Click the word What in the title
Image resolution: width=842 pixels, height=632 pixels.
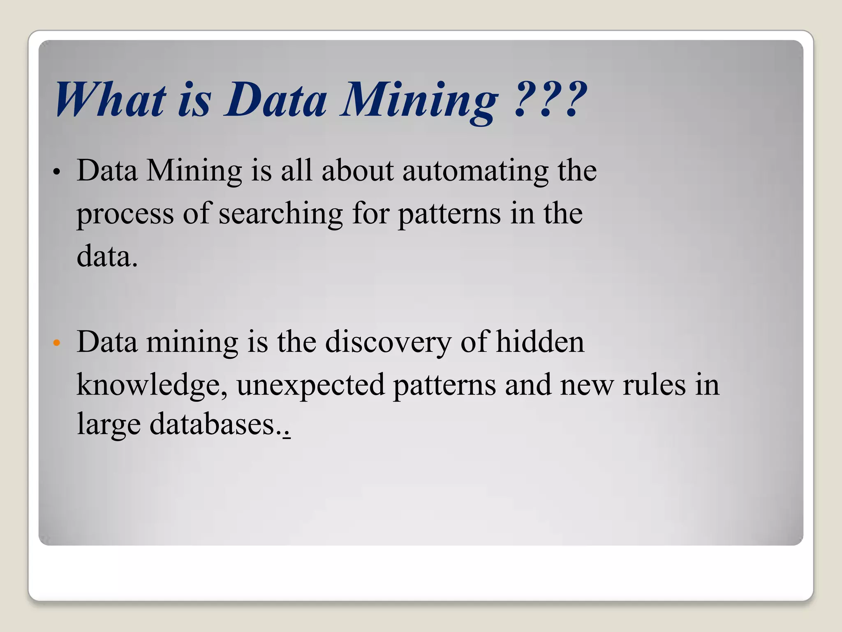click(x=110, y=100)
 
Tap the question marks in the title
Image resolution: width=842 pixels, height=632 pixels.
click(x=551, y=100)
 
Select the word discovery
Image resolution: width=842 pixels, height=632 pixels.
click(x=388, y=343)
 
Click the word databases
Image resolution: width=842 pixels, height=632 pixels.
click(x=212, y=424)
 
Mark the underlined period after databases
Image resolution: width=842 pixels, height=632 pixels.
click(x=287, y=434)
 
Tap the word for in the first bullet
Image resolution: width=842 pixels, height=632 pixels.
click(x=370, y=214)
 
